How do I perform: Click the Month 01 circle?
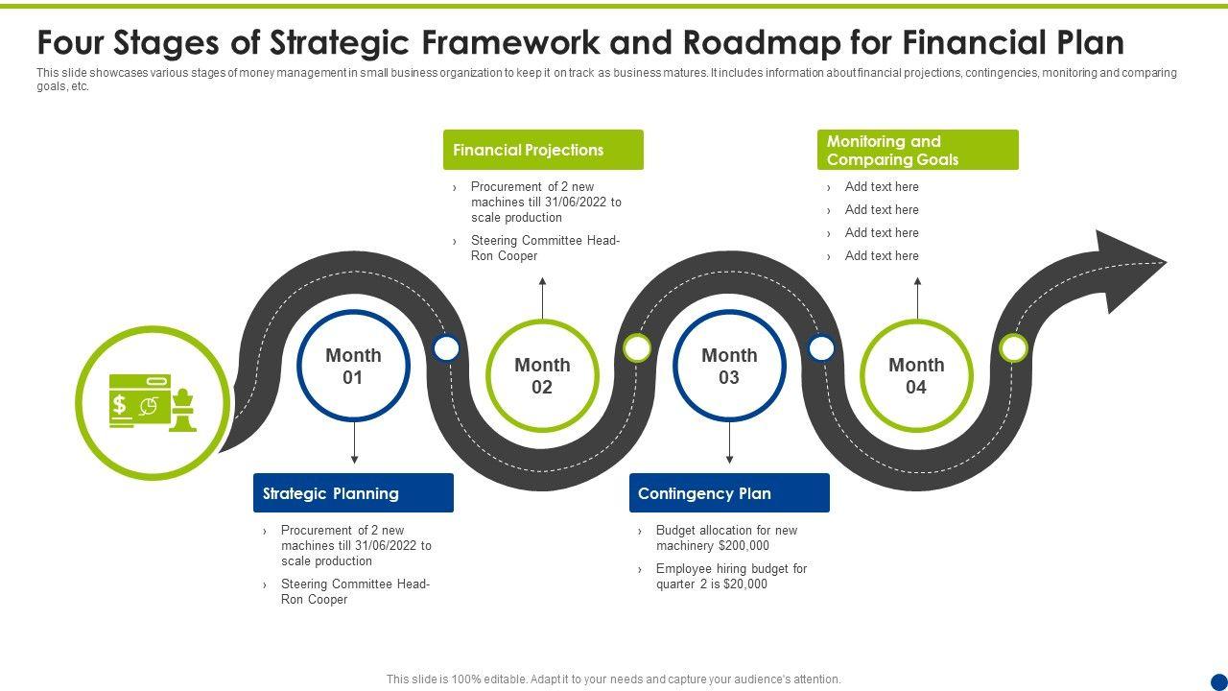tap(353, 366)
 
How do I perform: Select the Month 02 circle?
tap(542, 375)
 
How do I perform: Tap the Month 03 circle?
tap(729, 366)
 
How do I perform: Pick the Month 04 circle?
tap(916, 375)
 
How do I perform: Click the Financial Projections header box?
tap(543, 150)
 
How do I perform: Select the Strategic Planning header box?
tap(353, 493)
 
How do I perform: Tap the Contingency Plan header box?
tap(729, 493)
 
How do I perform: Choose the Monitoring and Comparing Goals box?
tap(917, 151)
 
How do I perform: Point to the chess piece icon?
tap(182, 411)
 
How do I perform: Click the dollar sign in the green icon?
tap(120, 404)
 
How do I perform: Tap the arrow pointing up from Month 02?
tap(543, 298)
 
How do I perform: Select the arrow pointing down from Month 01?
tap(354, 444)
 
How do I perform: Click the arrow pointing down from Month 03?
tap(730, 444)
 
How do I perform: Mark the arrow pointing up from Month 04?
tap(918, 298)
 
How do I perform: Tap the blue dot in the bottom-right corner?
tap(1219, 681)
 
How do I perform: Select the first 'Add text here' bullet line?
tap(882, 187)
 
